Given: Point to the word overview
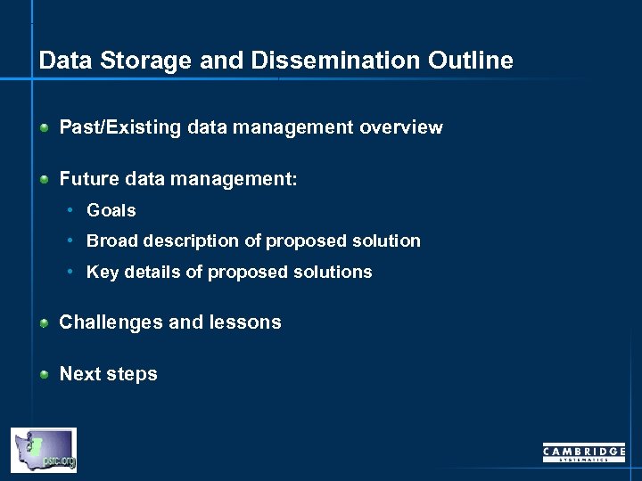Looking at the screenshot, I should pos(400,127).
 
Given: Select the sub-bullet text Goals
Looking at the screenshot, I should pos(111,211).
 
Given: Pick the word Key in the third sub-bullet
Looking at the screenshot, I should pos(102,273).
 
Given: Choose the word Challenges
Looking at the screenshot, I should pos(111,322).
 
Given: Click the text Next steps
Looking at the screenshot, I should pos(108,374).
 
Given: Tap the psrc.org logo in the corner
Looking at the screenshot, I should pos(44,450).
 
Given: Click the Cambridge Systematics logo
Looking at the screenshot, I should pos(583,453).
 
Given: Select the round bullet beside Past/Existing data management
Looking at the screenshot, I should pos(44,128).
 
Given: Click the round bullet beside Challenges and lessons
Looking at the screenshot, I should pos(44,323).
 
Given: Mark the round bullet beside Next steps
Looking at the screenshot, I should pos(44,375).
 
